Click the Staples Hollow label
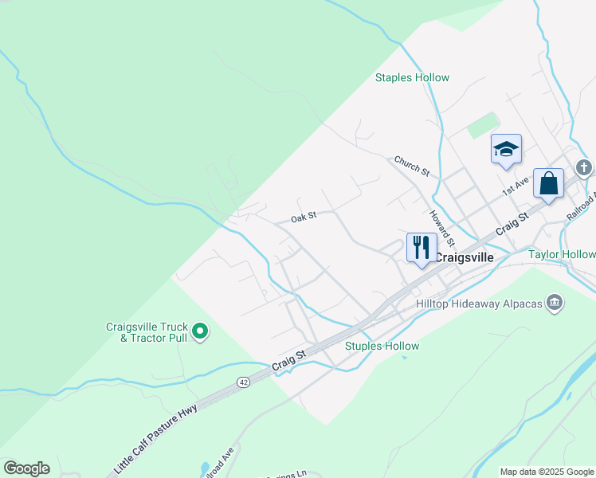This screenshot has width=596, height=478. (412, 77)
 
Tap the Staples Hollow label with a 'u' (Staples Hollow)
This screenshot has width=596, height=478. (382, 346)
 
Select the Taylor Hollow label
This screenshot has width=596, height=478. (562, 254)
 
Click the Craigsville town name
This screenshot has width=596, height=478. (464, 257)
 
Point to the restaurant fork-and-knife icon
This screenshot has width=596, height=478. (422, 246)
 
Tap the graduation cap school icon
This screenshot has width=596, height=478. (506, 149)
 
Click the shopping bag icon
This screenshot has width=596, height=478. (548, 183)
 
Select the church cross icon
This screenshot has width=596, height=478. (584, 167)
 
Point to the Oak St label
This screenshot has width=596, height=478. (304, 216)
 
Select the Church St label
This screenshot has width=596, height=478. (412, 166)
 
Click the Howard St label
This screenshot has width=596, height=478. (441, 228)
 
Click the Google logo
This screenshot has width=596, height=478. (26, 468)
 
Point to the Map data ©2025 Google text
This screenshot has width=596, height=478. (547, 472)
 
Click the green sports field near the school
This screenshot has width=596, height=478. (481, 125)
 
